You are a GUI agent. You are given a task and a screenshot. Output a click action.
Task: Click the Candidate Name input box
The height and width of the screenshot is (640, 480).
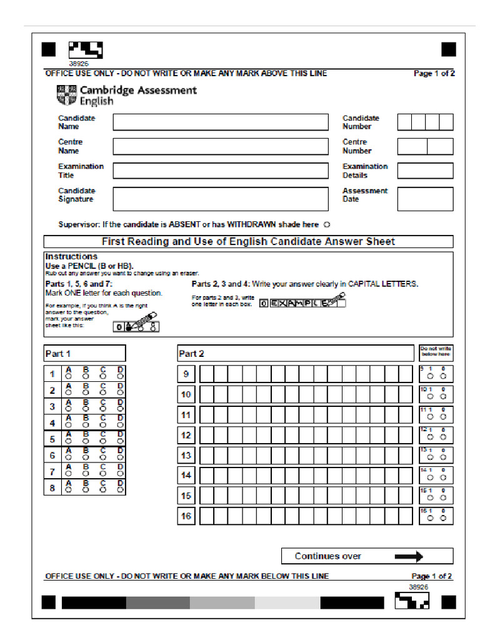click(220, 122)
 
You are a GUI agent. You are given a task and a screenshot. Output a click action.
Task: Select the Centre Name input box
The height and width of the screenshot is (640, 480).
click(220, 146)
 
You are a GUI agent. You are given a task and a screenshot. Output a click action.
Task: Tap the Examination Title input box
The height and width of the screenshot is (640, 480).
click(220, 171)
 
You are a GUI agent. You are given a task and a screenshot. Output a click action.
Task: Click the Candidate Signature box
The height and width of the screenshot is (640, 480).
click(220, 199)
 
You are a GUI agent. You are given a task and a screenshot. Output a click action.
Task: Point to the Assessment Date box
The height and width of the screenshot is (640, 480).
click(425, 199)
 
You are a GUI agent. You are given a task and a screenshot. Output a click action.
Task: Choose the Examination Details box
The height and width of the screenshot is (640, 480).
click(425, 171)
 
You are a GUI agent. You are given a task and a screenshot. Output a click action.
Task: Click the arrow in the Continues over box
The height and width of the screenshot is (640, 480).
click(409, 556)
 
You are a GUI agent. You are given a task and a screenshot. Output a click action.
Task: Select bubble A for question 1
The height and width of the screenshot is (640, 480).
click(68, 377)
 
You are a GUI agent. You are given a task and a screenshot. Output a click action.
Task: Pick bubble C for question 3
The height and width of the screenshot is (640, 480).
click(102, 409)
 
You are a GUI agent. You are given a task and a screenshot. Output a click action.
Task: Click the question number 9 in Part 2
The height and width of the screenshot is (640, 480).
click(186, 374)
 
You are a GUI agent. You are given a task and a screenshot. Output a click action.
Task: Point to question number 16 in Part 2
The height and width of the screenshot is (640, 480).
click(186, 516)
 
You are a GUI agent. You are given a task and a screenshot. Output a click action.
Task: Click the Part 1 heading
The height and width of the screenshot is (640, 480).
click(57, 354)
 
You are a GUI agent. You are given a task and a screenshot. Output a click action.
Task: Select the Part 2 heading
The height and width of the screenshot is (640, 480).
click(191, 354)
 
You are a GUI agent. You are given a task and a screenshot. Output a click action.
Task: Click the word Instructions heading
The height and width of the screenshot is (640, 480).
click(71, 256)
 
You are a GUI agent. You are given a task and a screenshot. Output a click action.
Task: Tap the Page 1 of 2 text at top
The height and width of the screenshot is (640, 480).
click(434, 74)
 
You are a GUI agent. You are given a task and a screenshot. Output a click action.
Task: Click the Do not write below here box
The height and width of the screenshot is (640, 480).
click(436, 353)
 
